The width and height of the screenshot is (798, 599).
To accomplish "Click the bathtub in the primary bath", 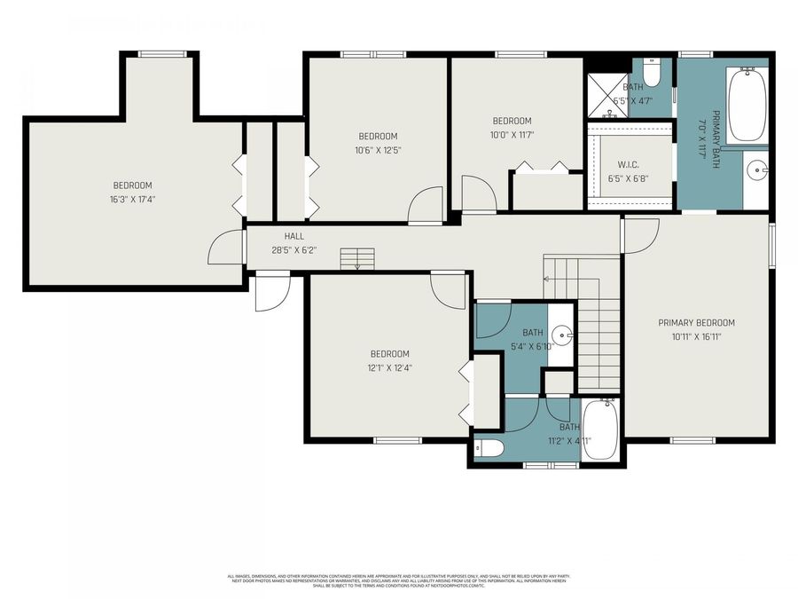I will (x=747, y=105).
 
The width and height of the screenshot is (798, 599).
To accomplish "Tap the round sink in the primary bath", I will (x=756, y=168).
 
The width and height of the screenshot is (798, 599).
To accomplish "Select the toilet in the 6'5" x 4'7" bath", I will (x=651, y=69).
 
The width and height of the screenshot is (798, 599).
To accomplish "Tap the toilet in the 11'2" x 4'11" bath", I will (x=489, y=447).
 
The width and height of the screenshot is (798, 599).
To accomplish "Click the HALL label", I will (x=294, y=237).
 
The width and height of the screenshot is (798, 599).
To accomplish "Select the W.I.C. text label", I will (x=629, y=165).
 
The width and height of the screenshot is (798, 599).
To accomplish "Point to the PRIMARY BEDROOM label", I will (x=696, y=323).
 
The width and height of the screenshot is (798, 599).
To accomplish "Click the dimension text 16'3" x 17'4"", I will (x=132, y=199).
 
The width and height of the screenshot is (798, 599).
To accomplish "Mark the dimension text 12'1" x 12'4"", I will (x=389, y=367).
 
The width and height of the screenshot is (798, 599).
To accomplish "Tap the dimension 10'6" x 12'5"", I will (x=378, y=150).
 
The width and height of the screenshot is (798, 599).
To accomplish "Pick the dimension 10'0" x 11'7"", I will (x=512, y=135).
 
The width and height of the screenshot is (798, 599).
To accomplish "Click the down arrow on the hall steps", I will (x=356, y=263).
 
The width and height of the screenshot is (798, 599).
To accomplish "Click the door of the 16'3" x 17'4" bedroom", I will (x=226, y=248).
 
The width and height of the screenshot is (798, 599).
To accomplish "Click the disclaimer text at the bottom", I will (x=398, y=580).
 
